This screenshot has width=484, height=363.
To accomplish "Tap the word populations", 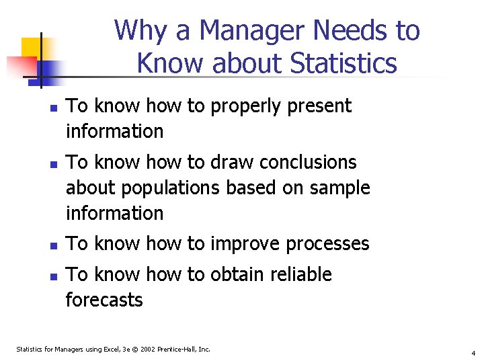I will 171,188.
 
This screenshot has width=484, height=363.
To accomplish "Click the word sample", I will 339,188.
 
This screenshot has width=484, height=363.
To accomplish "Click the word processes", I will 327,244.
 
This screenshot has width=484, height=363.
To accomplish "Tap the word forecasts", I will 104,300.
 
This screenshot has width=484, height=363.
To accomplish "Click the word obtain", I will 234,275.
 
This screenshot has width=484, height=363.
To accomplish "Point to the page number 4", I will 473,353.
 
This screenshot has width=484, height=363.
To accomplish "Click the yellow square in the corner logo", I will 31,48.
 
